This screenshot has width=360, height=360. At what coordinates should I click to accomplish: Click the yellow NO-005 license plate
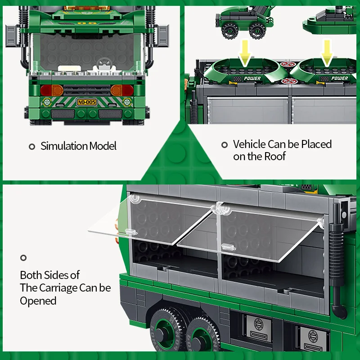click(x=87, y=102)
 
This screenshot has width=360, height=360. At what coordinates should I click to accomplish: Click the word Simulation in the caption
click(x=64, y=146)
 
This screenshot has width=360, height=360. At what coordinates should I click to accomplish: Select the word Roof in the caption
click(x=275, y=156)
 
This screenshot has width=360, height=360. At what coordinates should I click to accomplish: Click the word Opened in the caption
click(x=38, y=301)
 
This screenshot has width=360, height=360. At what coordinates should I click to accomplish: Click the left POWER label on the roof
click(x=252, y=78)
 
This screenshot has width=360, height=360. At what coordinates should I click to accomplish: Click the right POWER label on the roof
click(x=340, y=78)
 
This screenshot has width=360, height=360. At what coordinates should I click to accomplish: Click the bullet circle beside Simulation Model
click(x=32, y=147)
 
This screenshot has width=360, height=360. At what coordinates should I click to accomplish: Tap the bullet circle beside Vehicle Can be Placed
click(x=225, y=145)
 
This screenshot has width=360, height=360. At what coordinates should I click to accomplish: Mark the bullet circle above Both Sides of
click(x=23, y=258)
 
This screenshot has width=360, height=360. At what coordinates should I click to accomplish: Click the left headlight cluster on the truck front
click(x=52, y=90)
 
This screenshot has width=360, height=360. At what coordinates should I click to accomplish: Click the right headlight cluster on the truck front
click(x=122, y=90)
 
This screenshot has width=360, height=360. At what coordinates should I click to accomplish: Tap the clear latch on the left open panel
click(x=131, y=232)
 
